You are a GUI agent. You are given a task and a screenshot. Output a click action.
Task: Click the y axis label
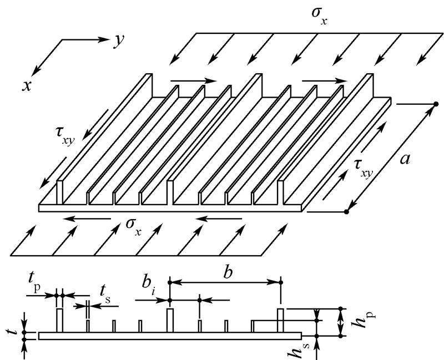118,41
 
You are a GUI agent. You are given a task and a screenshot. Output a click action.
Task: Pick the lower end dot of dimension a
346,211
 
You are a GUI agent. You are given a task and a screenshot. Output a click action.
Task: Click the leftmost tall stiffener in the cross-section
59,321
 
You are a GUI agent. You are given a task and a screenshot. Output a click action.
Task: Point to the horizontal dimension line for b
225,282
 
